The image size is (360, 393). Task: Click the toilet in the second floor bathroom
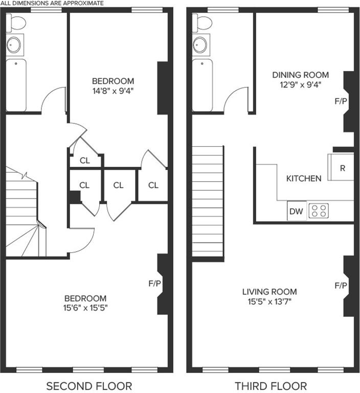click(x=16, y=23)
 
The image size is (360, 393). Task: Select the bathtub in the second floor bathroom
click(x=16, y=85)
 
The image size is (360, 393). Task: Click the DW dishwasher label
click(x=296, y=211)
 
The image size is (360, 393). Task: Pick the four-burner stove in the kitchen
click(x=319, y=211)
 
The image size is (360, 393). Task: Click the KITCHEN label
click(x=304, y=179)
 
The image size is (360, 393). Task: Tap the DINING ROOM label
click(x=300, y=75)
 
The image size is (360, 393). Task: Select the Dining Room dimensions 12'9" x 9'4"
click(x=300, y=85)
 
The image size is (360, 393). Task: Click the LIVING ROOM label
click(x=269, y=292)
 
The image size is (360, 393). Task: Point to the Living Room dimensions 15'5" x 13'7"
click(x=269, y=301)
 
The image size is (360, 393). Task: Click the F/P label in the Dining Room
click(x=341, y=101)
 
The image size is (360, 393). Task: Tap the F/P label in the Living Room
click(x=341, y=286)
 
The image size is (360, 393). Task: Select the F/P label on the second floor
click(x=154, y=283)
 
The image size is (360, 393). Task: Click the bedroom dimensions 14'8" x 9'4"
click(x=112, y=91)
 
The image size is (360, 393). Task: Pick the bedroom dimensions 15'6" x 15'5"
click(x=85, y=308)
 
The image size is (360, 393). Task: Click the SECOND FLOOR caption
click(x=89, y=386)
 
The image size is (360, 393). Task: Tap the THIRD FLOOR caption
click(x=271, y=386)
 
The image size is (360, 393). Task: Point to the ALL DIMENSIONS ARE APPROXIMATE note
click(x=52, y=3)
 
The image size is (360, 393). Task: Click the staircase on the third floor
click(x=208, y=201)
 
